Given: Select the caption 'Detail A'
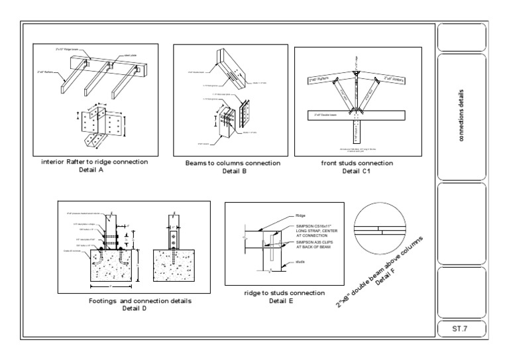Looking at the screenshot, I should [95, 170].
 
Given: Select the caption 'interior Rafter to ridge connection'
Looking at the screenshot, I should [95, 162].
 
